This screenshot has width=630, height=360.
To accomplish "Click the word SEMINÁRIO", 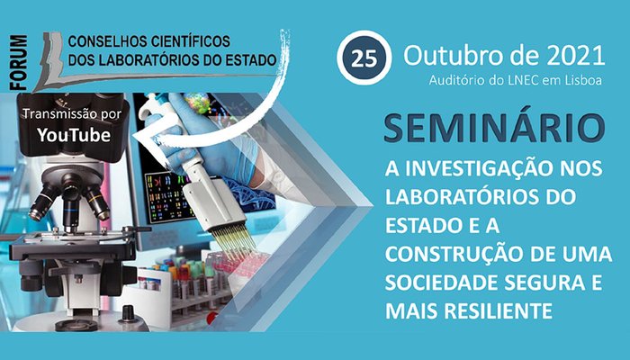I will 494,127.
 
